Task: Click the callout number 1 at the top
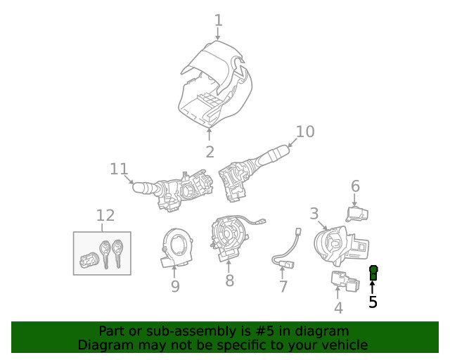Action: (218, 20)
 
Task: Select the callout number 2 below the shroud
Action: (210, 151)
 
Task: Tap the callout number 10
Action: (305, 131)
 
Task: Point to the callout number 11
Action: (120, 169)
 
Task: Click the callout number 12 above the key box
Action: (105, 215)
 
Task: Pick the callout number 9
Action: (175, 286)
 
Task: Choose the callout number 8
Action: (229, 281)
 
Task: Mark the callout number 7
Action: (283, 286)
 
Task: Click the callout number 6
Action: (355, 186)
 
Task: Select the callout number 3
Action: (314, 213)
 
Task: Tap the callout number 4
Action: (338, 307)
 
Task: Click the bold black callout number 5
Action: (373, 302)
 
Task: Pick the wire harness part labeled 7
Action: (285, 253)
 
